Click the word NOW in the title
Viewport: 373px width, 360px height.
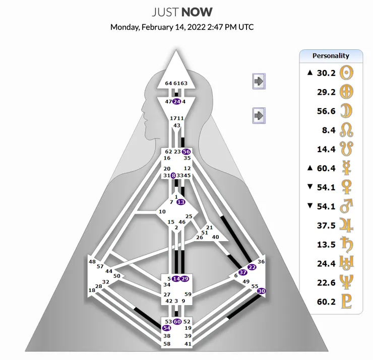coord(197,13)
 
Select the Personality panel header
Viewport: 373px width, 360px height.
coord(331,56)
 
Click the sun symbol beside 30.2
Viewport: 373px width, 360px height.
coord(346,73)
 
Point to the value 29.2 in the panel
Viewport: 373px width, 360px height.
coord(326,92)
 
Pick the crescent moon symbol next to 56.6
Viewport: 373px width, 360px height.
coord(346,111)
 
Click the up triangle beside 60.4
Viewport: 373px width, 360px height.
coord(309,168)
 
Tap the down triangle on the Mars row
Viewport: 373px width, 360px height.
coord(309,206)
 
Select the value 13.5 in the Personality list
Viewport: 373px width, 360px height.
coord(326,245)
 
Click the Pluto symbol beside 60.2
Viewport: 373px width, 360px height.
coord(346,302)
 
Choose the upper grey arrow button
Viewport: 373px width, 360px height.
coord(259,81)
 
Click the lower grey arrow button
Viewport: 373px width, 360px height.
coord(259,116)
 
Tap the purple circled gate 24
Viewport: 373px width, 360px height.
coord(177,102)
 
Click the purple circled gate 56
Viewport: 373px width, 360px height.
coord(186,152)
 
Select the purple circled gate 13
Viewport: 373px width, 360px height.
coord(181,202)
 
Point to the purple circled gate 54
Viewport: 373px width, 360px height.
coord(166,328)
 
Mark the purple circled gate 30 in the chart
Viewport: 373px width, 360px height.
coord(262,291)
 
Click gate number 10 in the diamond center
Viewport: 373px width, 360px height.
coord(162,212)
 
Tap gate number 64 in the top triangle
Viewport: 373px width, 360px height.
coord(168,84)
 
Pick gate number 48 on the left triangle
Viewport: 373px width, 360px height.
coord(92,262)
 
